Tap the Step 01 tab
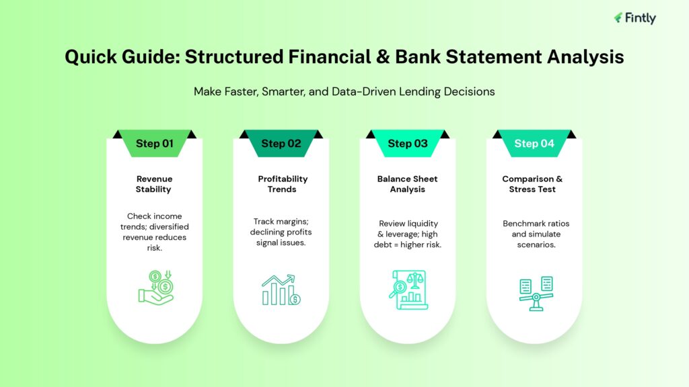[x=154, y=143]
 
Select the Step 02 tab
[x=281, y=143]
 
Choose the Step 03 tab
[x=408, y=143]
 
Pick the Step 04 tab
[x=534, y=143]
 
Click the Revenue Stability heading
[x=154, y=184]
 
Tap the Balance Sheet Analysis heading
[x=408, y=184]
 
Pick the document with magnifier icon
[x=408, y=290]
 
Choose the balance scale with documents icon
[x=536, y=293]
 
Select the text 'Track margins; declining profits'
[x=281, y=226]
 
